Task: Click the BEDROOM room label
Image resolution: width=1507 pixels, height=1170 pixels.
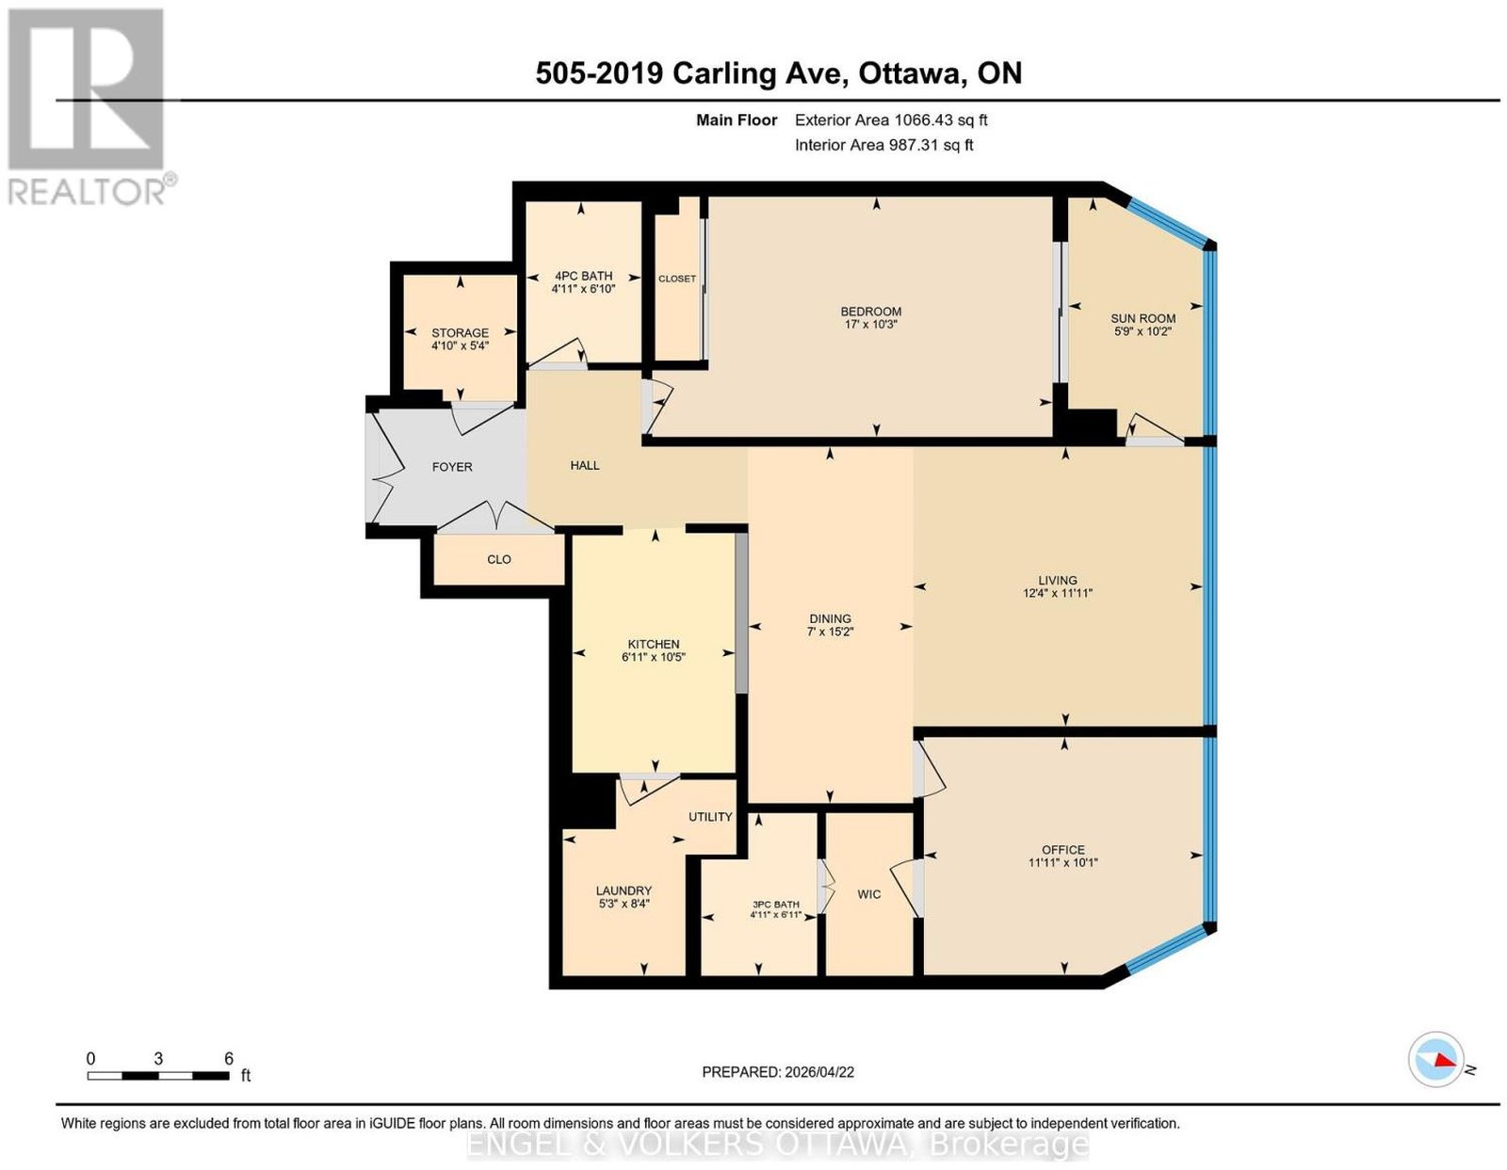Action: (x=870, y=312)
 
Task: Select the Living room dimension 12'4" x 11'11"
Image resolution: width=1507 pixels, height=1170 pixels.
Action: (x=1058, y=593)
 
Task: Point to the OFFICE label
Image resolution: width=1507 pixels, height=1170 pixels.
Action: (x=1063, y=850)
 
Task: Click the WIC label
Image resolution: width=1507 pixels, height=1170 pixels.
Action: (x=869, y=894)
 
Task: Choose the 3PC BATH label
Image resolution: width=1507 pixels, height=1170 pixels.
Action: (x=776, y=905)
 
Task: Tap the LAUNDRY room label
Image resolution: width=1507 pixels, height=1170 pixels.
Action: (x=624, y=890)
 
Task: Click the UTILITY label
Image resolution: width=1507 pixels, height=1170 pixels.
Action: (x=710, y=817)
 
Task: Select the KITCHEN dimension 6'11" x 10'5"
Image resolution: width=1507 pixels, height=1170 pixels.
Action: (x=654, y=657)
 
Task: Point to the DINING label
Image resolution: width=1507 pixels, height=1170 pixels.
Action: (x=830, y=618)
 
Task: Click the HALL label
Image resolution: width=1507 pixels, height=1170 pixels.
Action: (x=585, y=466)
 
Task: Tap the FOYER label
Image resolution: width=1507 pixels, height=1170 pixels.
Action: (x=452, y=467)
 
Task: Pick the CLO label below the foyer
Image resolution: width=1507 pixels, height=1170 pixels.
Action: (x=499, y=559)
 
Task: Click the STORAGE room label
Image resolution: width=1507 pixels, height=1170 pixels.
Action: (x=460, y=332)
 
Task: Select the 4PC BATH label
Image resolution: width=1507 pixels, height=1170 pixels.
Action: (x=583, y=276)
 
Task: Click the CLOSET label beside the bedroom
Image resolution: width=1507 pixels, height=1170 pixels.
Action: (x=677, y=279)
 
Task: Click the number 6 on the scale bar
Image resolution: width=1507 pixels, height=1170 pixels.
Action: (x=228, y=1059)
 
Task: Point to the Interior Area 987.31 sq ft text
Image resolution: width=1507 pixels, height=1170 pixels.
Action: (x=883, y=145)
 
